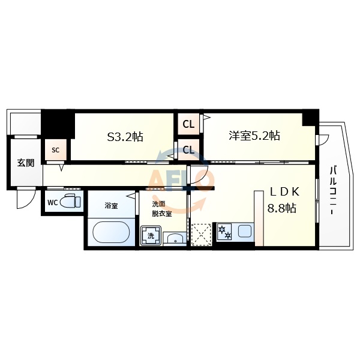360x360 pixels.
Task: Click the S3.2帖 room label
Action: pos(125,136)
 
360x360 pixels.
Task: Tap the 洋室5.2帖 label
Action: pos(254,136)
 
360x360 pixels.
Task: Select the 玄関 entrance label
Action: pos(25,163)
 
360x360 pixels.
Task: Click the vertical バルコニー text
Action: pos(332,191)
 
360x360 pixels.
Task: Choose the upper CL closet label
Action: pos(188,125)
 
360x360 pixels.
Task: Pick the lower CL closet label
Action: pos(188,149)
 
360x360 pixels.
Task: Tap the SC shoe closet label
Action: pos(55,149)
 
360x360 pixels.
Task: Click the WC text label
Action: pos(52,202)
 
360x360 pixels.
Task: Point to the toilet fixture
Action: pos(72,202)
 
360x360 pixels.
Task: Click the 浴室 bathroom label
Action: pos(111,206)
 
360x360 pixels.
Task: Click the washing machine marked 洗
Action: pos(151,235)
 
